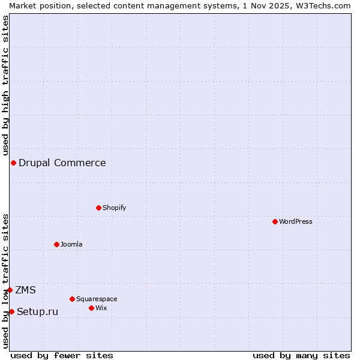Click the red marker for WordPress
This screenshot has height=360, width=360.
(275, 221)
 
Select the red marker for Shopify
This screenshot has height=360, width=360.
(99, 208)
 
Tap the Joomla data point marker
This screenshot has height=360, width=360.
(57, 244)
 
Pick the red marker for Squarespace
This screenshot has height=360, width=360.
(73, 299)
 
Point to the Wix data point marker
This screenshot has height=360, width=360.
(92, 308)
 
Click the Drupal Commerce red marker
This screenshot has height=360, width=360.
(13, 163)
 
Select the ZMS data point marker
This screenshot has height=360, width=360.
(10, 290)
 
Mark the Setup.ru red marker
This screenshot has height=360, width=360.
(11, 311)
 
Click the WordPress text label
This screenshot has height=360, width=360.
(296, 221)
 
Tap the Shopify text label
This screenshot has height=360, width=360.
(115, 208)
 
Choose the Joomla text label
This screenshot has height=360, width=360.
(71, 244)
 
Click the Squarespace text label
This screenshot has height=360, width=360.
(97, 299)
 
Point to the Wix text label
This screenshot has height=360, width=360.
(101, 308)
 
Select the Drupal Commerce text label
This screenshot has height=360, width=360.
(62, 163)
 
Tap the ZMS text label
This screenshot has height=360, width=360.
(26, 290)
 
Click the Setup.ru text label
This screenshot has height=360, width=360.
(38, 311)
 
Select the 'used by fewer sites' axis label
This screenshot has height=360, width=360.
(62, 355)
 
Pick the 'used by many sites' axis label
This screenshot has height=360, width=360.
(301, 355)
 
